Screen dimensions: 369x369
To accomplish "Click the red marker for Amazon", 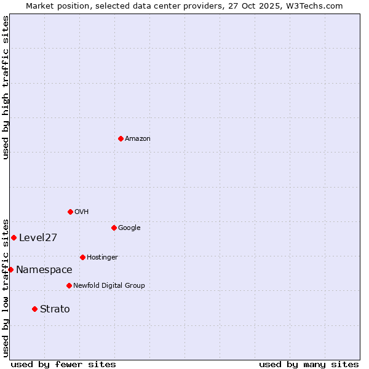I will click(121, 138).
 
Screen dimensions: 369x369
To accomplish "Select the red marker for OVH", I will click(70, 212).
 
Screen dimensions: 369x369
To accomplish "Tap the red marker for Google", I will click(114, 228).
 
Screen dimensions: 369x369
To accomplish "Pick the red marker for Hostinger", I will click(82, 257).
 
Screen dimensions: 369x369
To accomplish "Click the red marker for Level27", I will click(14, 237).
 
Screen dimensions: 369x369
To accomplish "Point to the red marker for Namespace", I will click(10, 269).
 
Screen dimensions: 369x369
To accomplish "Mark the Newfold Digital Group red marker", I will click(69, 285).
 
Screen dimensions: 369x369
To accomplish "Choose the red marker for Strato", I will click(34, 309).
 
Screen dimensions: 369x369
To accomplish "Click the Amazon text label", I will click(138, 139).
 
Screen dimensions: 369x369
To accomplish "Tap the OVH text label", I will click(82, 212).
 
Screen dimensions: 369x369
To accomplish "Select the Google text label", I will click(129, 228).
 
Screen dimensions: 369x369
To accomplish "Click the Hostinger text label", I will click(102, 258).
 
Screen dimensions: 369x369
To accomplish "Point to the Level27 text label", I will click(38, 238).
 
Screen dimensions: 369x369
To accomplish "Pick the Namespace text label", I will click(44, 270).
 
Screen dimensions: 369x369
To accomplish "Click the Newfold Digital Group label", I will click(109, 286).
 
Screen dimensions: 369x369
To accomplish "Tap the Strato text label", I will click(55, 309).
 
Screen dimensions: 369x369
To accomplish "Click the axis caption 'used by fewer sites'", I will click(63, 364).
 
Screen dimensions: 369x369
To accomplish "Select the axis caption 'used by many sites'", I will click(309, 364).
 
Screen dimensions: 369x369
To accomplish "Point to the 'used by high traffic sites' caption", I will click(6, 87).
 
